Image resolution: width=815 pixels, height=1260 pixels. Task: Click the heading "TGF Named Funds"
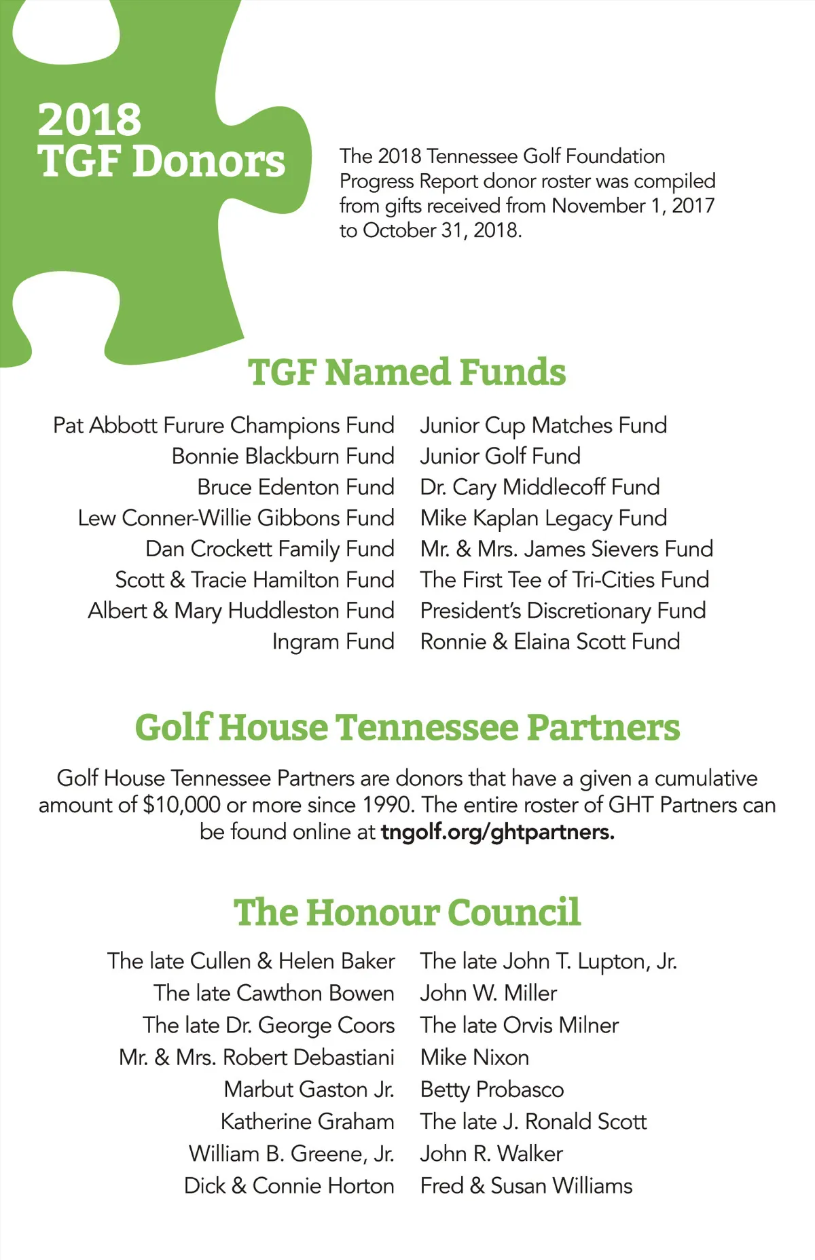click(x=407, y=372)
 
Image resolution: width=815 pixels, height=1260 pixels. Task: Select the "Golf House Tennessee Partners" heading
click(x=407, y=727)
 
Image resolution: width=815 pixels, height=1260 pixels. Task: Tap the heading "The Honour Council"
click(x=407, y=912)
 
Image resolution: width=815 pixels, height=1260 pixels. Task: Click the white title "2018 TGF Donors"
click(x=161, y=141)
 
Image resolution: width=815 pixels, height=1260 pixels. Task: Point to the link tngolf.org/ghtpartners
click(x=497, y=831)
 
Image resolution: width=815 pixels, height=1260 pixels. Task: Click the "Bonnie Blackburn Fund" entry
click(x=283, y=456)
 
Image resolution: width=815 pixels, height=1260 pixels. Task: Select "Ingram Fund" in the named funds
click(x=333, y=641)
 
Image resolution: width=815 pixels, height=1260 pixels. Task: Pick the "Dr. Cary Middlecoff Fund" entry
click(x=540, y=487)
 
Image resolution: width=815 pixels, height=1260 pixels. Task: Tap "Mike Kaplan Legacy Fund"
click(x=543, y=518)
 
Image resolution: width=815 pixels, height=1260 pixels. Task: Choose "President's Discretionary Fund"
click(x=563, y=611)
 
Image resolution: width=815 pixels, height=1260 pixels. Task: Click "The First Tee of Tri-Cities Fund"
click(x=564, y=579)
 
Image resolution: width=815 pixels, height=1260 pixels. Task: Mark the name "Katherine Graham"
click(x=307, y=1121)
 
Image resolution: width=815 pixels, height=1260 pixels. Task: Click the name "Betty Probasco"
click(x=492, y=1090)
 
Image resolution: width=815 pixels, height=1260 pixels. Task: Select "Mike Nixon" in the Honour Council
click(x=474, y=1058)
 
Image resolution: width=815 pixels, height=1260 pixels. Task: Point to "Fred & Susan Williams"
click(x=526, y=1186)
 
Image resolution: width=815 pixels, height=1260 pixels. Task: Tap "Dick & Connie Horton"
click(x=289, y=1186)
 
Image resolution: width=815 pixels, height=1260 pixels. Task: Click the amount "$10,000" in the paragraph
click(x=181, y=805)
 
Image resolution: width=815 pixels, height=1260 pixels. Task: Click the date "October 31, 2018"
click(x=441, y=230)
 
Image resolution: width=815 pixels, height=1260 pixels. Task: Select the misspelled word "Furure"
click(x=194, y=425)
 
